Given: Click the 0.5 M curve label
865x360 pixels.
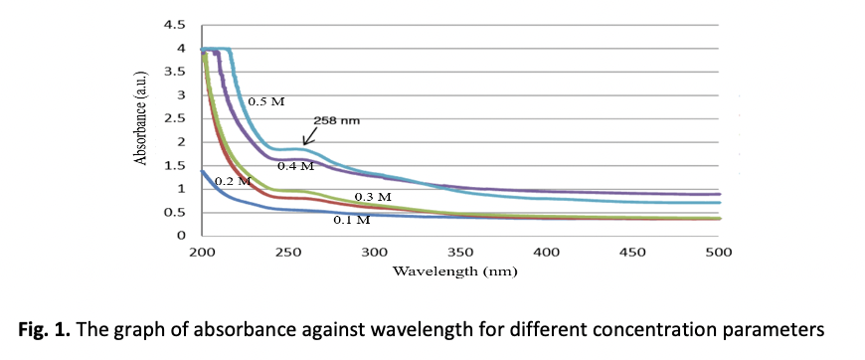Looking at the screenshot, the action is (266, 101).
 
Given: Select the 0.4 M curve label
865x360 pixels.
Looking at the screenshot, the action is (295, 166).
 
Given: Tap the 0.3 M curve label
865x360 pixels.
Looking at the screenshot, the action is (373, 197).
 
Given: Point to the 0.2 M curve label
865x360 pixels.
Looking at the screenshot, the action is (233, 181).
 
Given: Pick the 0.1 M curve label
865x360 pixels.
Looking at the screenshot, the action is (351, 220).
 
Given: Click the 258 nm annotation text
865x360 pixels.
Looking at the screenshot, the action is (336, 120).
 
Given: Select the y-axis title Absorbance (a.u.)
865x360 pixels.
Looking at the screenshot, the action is (141, 117).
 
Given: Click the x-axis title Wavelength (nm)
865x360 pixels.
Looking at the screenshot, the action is (455, 271).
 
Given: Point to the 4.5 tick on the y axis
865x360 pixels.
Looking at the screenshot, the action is (174, 25).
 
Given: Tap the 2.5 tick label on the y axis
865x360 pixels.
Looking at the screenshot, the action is (174, 118).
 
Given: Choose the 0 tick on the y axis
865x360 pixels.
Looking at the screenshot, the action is (182, 236).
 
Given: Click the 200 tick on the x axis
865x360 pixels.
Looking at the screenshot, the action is (202, 253).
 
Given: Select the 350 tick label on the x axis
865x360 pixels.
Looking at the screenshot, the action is (459, 253).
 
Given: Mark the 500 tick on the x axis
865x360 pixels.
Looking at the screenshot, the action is (718, 253).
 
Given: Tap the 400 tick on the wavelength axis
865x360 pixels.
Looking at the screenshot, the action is (546, 253).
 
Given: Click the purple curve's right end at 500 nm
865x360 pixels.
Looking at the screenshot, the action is (719, 194).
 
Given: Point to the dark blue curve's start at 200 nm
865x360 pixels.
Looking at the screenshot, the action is (202, 171).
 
